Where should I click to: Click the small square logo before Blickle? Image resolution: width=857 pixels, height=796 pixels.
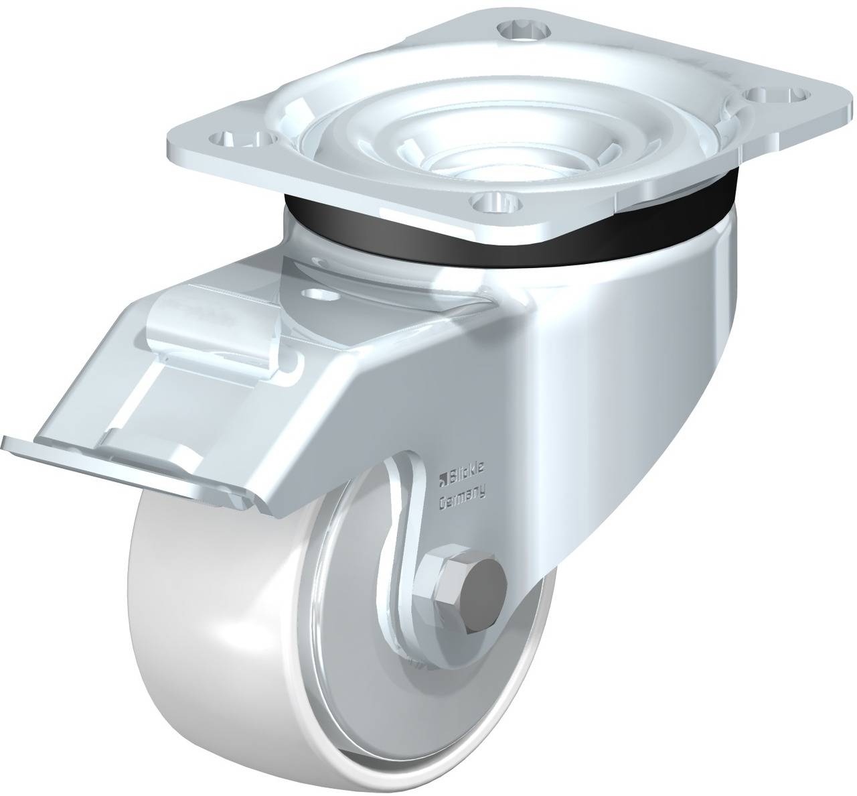(442, 477)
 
